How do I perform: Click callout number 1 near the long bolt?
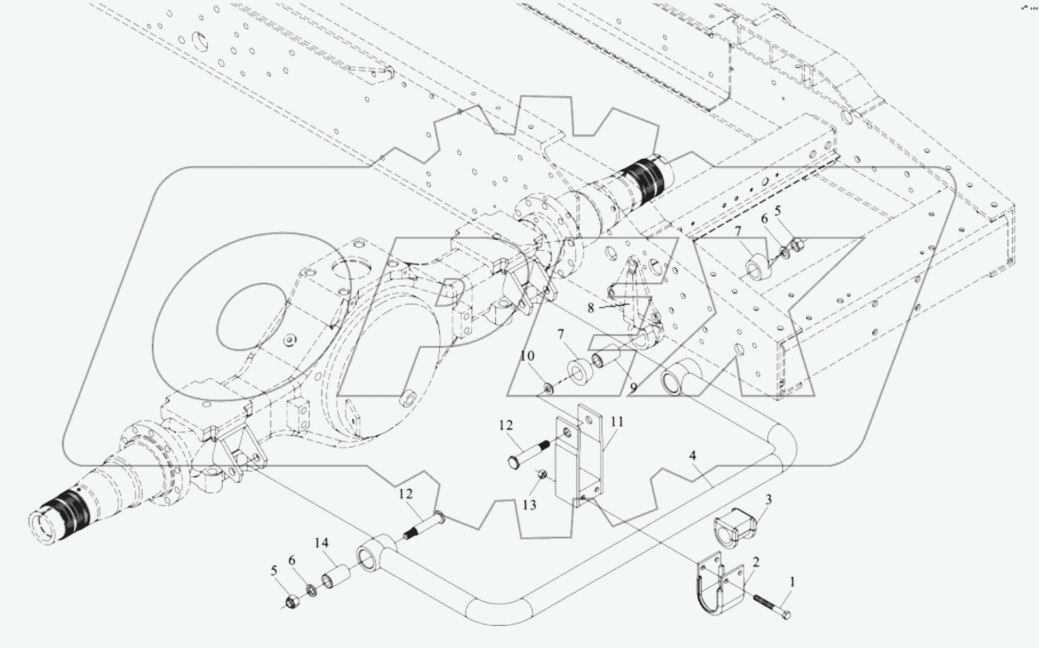793,581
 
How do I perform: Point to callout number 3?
768,500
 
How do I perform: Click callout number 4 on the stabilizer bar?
693,455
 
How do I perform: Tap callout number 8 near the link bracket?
591,308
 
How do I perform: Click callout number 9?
633,387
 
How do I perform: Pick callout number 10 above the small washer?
527,356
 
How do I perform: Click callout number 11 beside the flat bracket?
616,423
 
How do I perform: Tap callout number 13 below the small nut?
529,505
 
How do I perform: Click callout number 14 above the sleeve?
321,543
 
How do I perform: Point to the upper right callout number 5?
778,211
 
